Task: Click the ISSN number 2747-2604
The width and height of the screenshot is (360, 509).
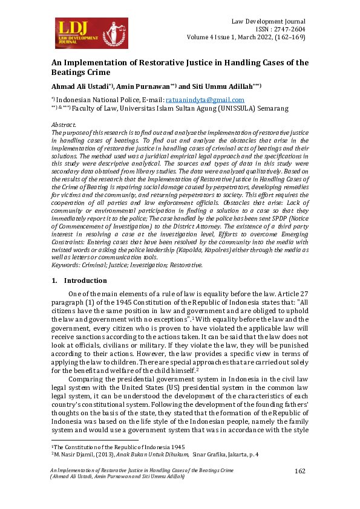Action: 290,28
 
